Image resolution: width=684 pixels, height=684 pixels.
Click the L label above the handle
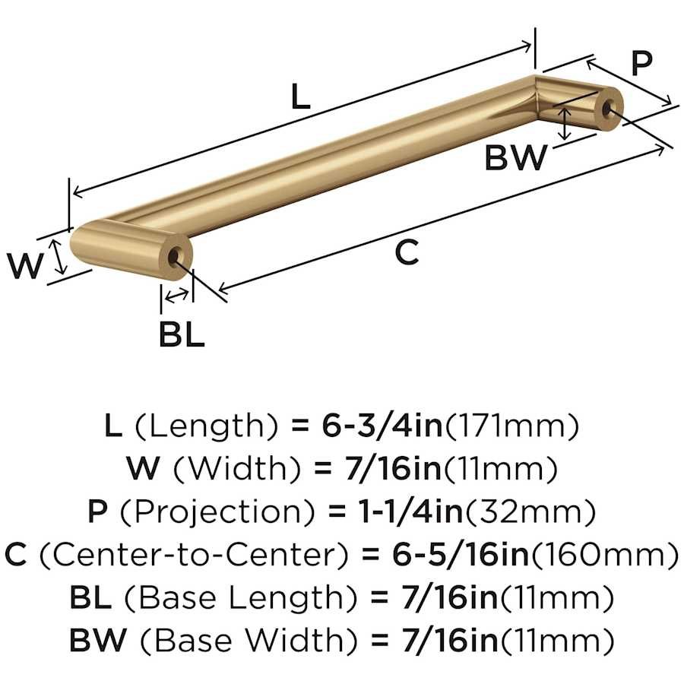[300, 97]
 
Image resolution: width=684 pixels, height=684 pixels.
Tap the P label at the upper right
[641, 63]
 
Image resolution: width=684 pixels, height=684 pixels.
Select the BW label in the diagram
[515, 157]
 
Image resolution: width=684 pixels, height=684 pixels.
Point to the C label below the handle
[407, 252]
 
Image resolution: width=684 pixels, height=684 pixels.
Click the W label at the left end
[25, 265]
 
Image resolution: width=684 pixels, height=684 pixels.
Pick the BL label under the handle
[182, 334]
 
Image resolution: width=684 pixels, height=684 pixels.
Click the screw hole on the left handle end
[176, 256]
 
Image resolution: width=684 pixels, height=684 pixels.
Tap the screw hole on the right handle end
[608, 107]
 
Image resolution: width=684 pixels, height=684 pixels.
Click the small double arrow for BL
[177, 296]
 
